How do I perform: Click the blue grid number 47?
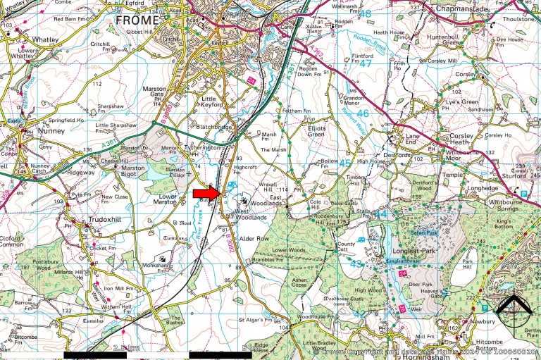[x=366, y=63]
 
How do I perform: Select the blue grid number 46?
[x=363, y=113]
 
